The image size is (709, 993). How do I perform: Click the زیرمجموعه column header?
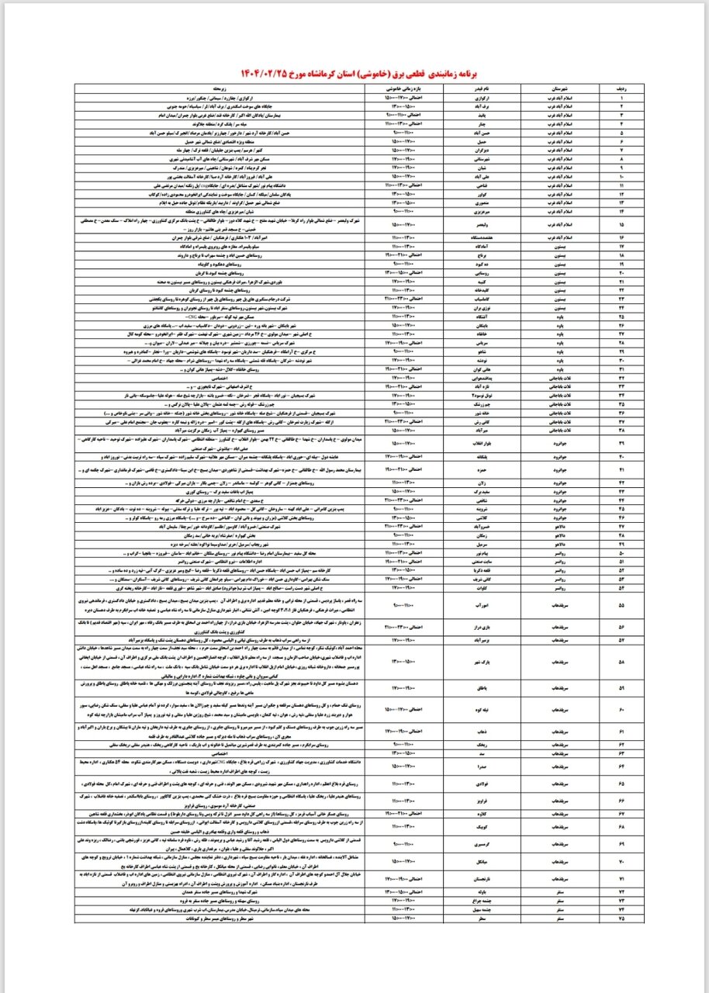(x=222, y=88)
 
